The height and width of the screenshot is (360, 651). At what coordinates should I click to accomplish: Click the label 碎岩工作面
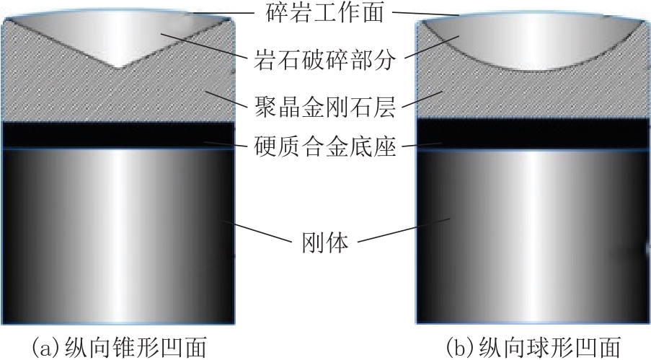pyautogui.click(x=324, y=12)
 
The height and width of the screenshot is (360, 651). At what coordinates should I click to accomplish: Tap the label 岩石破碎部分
pyautogui.click(x=324, y=60)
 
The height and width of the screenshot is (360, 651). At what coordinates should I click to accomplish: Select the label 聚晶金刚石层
pyautogui.click(x=324, y=106)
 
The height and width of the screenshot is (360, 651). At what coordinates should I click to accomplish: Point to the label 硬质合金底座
pyautogui.click(x=324, y=146)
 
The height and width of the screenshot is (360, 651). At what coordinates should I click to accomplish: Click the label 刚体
pyautogui.click(x=324, y=243)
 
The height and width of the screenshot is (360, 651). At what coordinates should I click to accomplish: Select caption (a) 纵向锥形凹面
pyautogui.click(x=119, y=347)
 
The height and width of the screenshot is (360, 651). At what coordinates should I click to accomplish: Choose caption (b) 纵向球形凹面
pyautogui.click(x=533, y=347)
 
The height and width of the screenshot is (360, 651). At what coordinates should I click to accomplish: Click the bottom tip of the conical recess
pyautogui.click(x=119, y=68)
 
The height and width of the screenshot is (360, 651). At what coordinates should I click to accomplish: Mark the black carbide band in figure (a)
pyautogui.click(x=118, y=135)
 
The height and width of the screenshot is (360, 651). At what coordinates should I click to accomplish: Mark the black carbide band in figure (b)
pyautogui.click(x=533, y=135)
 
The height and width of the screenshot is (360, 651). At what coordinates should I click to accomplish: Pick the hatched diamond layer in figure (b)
pyautogui.click(x=533, y=96)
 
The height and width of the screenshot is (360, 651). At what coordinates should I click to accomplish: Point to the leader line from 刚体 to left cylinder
pyautogui.click(x=256, y=232)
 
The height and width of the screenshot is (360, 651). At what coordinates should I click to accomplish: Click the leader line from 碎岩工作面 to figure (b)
pyautogui.click(x=425, y=14)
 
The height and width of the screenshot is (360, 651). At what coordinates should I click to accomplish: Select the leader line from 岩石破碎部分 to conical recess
pyautogui.click(x=202, y=45)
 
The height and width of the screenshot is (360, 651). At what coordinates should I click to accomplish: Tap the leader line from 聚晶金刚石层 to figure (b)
pyautogui.click(x=422, y=100)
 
